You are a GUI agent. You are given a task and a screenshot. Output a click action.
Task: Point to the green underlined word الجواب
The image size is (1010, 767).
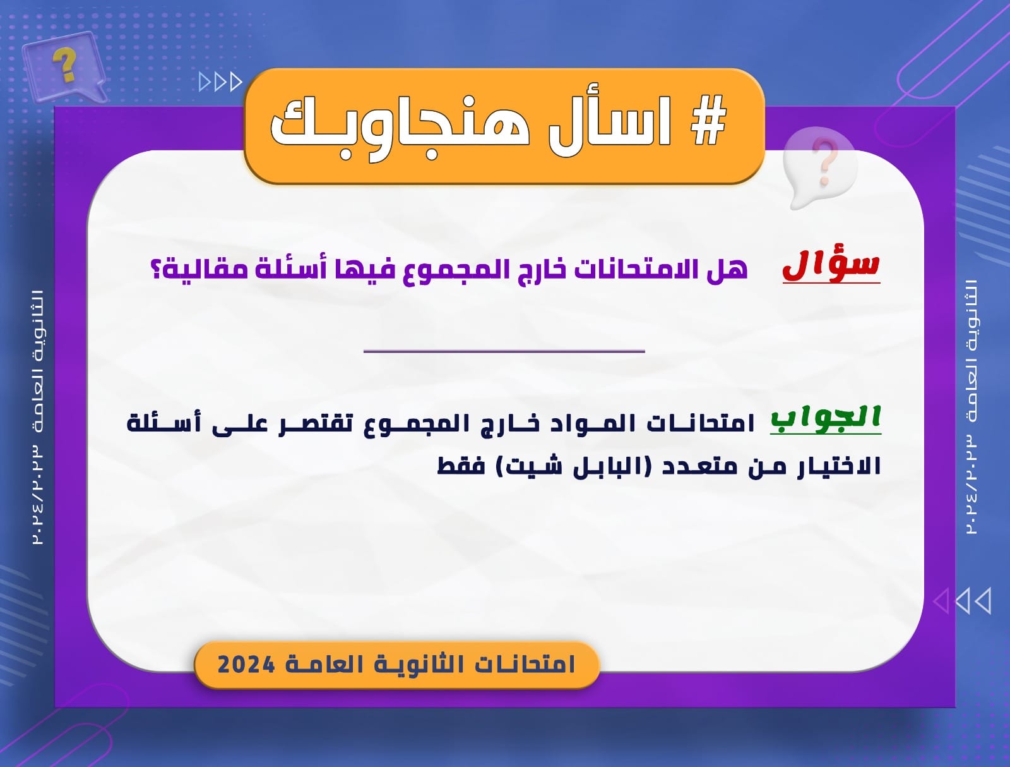[x=826, y=419]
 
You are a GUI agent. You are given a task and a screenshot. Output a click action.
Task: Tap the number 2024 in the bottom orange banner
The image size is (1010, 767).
[x=246, y=665]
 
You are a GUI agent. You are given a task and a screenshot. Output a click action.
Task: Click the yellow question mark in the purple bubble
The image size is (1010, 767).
[x=64, y=65]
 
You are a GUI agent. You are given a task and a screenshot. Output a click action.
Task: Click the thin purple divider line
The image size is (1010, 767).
[x=504, y=351]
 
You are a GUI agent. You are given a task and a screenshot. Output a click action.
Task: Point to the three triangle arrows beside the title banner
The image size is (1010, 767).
[x=220, y=82]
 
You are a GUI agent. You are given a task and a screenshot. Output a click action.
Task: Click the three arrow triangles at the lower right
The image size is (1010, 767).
[x=961, y=601]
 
